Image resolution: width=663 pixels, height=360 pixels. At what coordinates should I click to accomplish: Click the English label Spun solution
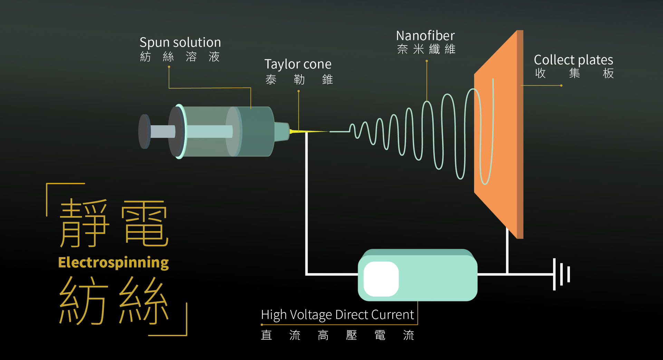(180, 42)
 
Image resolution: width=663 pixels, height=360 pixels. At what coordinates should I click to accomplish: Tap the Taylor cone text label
(298, 64)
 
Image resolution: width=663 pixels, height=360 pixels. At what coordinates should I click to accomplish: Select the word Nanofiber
(425, 36)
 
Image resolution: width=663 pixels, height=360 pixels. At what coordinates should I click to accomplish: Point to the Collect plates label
(573, 60)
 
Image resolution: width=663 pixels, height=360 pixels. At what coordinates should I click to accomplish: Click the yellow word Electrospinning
(113, 263)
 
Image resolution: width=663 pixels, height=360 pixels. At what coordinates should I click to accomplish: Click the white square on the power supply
(381, 279)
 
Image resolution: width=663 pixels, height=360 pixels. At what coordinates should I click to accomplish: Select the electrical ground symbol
(561, 274)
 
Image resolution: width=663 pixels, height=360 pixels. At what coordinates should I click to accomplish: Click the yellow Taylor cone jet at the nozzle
(304, 132)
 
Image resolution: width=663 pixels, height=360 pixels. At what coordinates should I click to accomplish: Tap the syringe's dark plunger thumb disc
(144, 132)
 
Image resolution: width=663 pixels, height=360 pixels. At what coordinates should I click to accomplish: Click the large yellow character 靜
(84, 223)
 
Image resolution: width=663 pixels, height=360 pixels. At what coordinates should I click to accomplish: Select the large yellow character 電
(145, 223)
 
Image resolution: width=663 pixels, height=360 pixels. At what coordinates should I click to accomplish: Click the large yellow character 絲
(144, 300)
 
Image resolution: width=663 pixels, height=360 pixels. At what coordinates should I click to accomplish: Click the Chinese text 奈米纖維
(426, 49)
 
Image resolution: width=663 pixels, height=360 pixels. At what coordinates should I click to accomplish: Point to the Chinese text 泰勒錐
(299, 80)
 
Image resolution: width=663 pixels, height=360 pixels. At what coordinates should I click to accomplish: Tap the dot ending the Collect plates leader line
(561, 86)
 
